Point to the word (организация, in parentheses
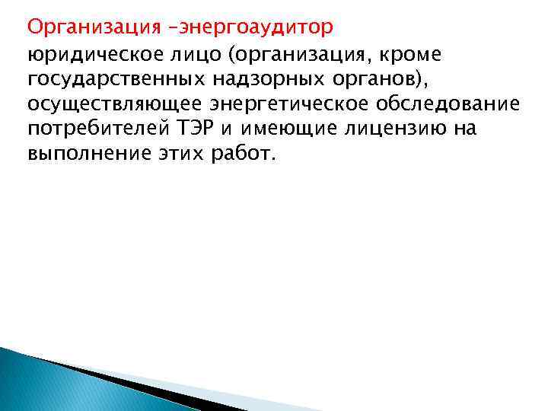pyautogui.click(x=316, y=53)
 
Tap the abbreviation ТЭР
pyautogui.click(x=200, y=129)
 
